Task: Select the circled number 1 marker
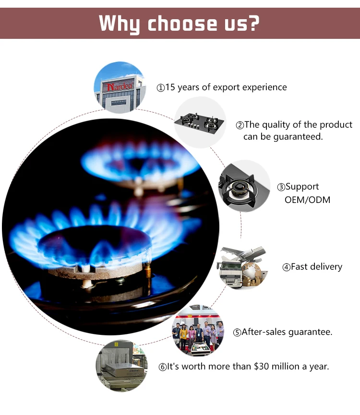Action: [x=161, y=88]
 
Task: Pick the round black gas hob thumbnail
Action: [x=200, y=121]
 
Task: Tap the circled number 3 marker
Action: [x=281, y=187]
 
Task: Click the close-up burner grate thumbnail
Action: [x=243, y=186]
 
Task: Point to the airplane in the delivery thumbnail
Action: [x=244, y=254]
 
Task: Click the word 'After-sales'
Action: [x=264, y=332]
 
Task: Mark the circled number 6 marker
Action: [x=163, y=367]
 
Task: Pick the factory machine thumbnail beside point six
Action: [x=120, y=366]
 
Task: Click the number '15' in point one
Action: [x=170, y=87]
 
